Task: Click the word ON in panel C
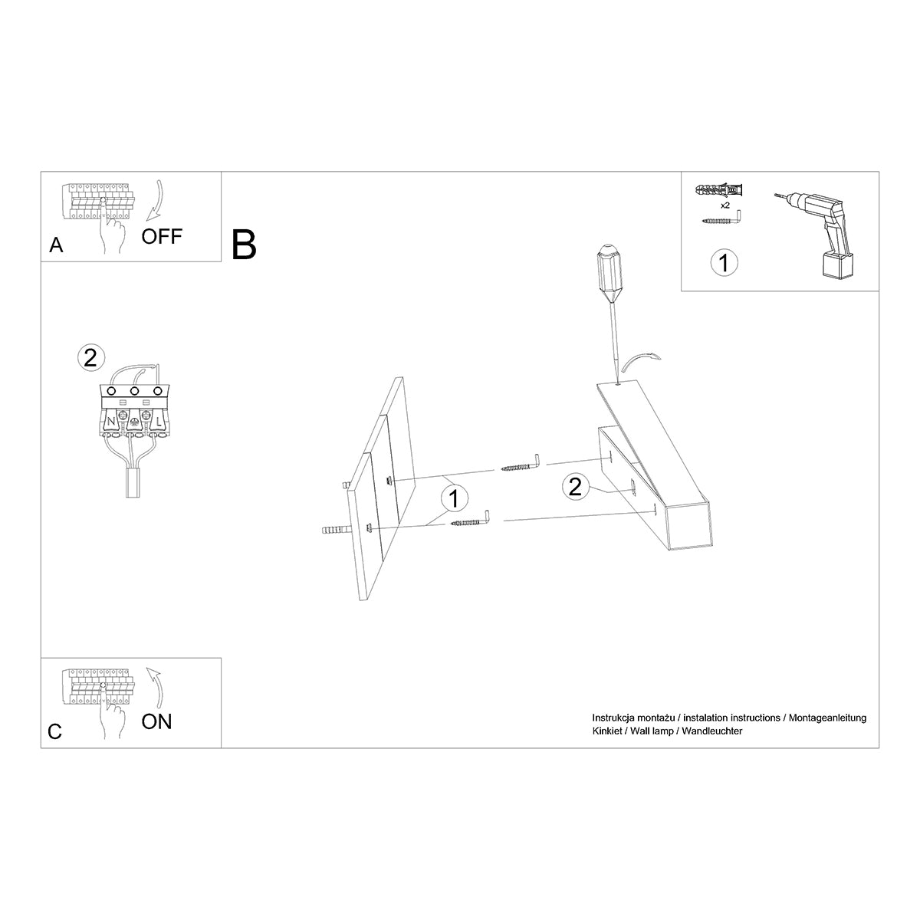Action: [156, 721]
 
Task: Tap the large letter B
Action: [244, 244]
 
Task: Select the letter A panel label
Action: [55, 245]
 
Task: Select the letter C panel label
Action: [54, 731]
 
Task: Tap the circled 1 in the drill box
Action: [724, 262]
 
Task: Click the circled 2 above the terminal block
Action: [90, 357]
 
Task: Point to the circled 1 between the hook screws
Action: [454, 498]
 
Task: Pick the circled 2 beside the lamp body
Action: [576, 486]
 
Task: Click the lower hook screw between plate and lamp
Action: [472, 521]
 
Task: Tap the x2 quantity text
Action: [724, 206]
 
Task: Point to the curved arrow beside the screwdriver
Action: [642, 361]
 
